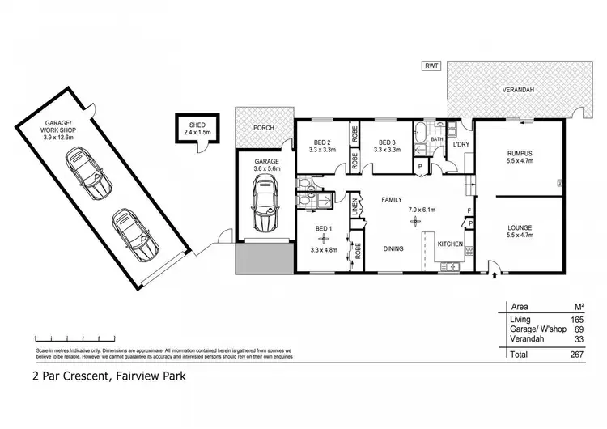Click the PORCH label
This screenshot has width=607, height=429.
click(263, 127)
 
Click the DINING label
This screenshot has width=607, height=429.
click(394, 248)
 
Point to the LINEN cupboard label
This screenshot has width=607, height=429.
click(354, 210)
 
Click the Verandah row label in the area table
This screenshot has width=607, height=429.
click(526, 341)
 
